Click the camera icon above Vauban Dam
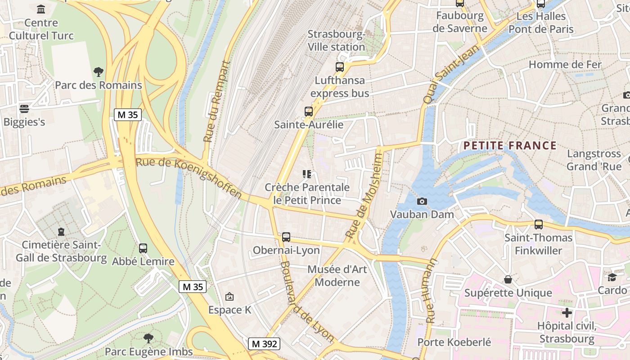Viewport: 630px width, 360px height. (422, 201)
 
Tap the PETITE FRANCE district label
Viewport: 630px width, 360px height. (510, 145)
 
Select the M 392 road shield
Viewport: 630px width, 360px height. (264, 344)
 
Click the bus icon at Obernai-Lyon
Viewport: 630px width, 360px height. (286, 237)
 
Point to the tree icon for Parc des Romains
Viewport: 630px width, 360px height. (98, 72)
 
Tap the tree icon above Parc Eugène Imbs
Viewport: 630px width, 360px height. (148, 338)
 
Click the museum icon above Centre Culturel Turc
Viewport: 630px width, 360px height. (41, 9)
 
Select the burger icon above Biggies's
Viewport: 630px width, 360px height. (24, 108)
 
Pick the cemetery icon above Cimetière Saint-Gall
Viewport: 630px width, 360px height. (61, 232)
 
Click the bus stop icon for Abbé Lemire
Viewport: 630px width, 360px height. (143, 248)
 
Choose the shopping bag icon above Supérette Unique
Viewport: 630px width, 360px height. (508, 279)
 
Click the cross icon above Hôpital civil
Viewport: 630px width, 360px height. (567, 312)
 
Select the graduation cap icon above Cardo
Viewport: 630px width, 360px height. (612, 277)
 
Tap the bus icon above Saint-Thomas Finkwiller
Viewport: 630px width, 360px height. (539, 224)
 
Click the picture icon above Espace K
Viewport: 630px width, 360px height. (229, 296)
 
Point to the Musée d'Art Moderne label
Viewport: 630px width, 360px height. (337, 276)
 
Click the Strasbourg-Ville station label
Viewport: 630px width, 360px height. (336, 40)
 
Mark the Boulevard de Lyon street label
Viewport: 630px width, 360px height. (307, 301)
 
